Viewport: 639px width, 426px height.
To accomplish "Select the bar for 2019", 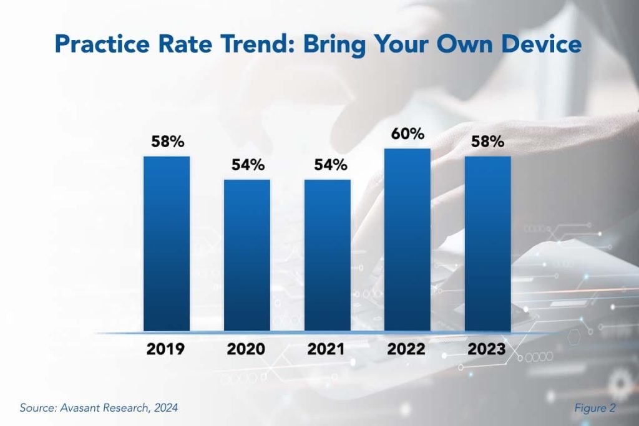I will pos(167,243).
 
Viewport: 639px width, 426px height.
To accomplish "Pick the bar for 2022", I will pos(407,240).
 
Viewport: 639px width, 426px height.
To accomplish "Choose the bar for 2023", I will pos(488,243).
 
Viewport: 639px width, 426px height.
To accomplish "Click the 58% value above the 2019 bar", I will pos(168,142).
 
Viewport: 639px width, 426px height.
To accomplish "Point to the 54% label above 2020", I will pos(248,165).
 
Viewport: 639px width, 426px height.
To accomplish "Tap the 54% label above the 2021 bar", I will pos(329,165).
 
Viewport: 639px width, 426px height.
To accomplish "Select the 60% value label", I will pos(409,133).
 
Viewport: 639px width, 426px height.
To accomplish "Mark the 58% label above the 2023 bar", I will pos(488,142).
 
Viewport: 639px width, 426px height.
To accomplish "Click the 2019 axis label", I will pos(165,349).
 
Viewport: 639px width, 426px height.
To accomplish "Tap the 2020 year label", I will pos(246,349).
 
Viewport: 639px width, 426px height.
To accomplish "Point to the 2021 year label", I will pos(326,349).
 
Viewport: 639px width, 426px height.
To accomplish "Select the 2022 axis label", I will pos(407,349).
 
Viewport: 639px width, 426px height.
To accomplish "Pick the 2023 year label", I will pos(487,349).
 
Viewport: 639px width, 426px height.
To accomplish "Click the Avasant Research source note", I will pos(99,408).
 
